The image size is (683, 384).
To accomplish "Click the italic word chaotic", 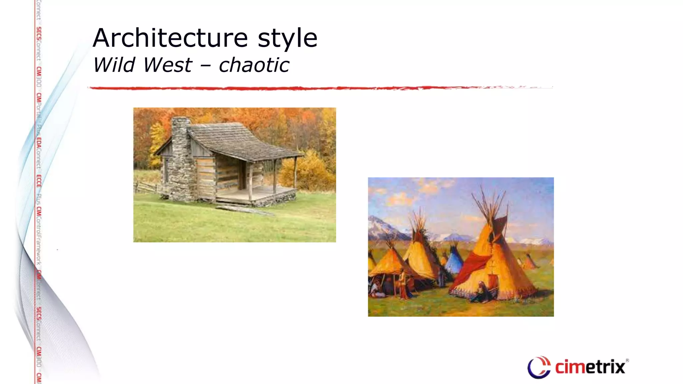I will click(x=254, y=65).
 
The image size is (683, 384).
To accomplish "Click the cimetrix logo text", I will click(x=590, y=367).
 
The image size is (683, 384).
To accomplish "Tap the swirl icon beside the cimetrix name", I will click(x=538, y=367).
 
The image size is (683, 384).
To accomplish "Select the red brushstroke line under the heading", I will click(x=300, y=88).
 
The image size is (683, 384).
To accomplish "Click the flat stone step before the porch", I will click(x=243, y=210).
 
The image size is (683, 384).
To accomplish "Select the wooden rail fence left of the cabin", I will click(x=147, y=187).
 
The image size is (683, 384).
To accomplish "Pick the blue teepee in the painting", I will click(x=454, y=260).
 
